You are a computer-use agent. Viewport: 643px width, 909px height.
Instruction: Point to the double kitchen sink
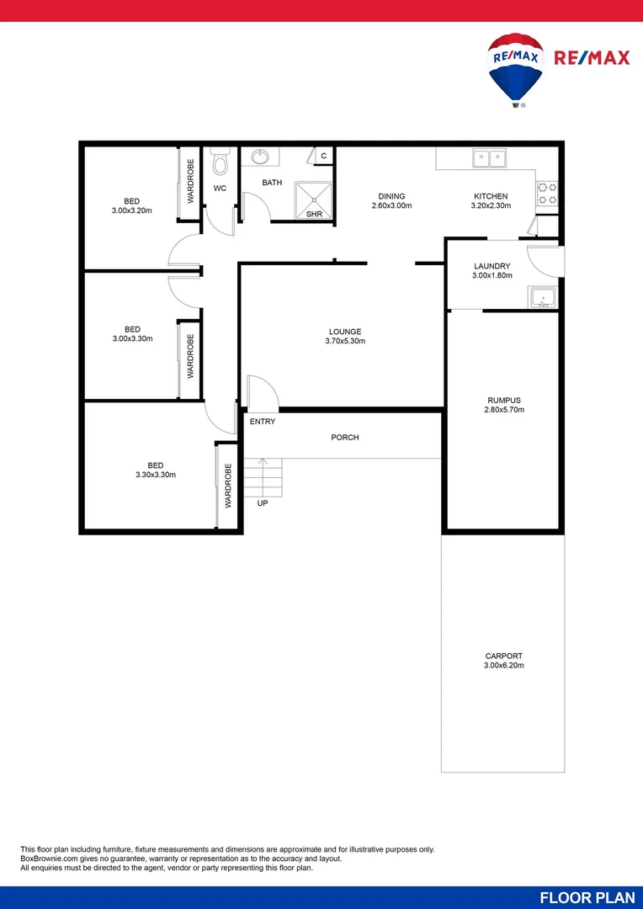tap(488, 157)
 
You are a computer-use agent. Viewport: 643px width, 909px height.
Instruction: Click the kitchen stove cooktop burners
tap(548, 193)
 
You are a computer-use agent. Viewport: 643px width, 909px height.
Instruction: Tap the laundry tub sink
tap(542, 297)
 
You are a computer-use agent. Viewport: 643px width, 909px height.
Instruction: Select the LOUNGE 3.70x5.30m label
tap(345, 336)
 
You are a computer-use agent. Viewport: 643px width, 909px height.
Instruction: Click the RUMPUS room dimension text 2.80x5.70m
tap(505, 410)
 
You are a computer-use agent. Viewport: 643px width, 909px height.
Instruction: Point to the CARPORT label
tap(504, 656)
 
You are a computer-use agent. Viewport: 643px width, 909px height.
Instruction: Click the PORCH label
tap(345, 437)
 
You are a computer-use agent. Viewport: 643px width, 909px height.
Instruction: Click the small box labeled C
tap(323, 157)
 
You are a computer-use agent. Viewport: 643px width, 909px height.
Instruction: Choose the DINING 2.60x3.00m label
tap(391, 200)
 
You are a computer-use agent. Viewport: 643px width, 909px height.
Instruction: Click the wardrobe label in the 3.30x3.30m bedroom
tap(228, 486)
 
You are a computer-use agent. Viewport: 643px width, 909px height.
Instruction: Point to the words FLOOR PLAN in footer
tap(587, 897)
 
